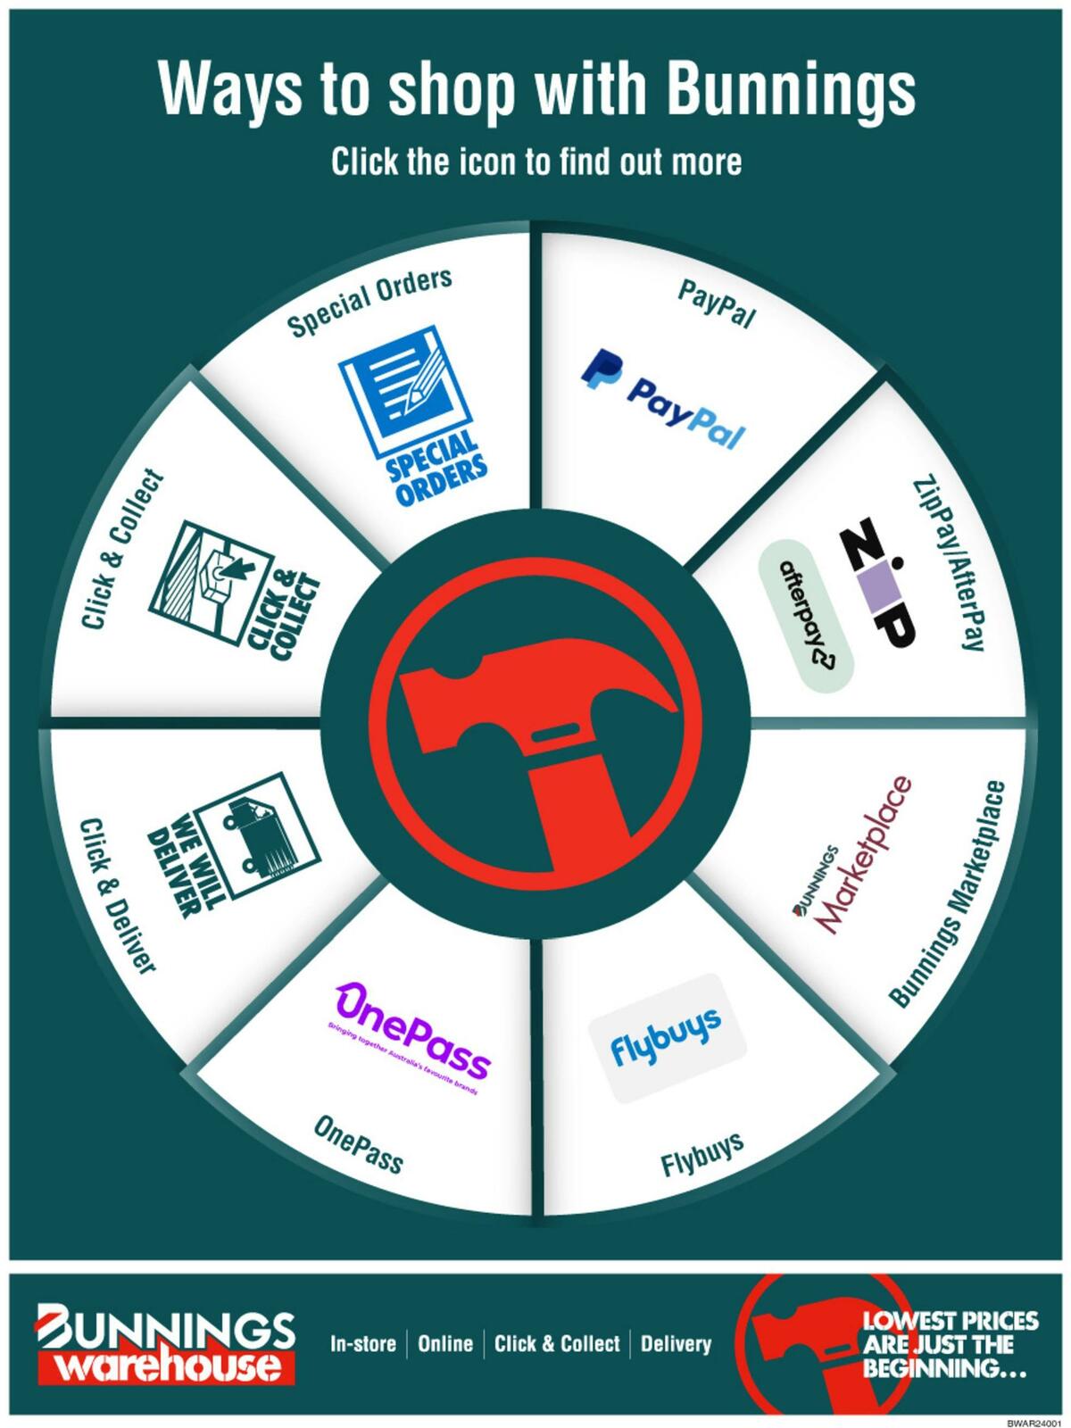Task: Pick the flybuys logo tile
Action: pyautogui.click(x=667, y=1038)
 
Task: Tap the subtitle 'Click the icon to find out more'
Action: pyautogui.click(x=536, y=162)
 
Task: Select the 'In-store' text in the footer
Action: pyautogui.click(x=363, y=1344)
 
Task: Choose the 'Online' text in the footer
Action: pyautogui.click(x=445, y=1344)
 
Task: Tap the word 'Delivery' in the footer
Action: pyautogui.click(x=676, y=1344)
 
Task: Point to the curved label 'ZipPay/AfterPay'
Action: pyautogui.click(x=949, y=562)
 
